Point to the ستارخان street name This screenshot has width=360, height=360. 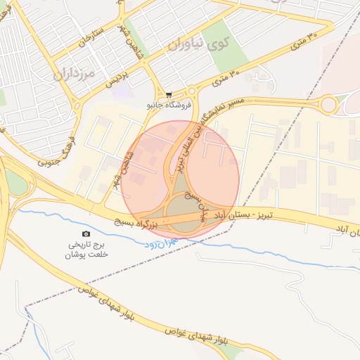[x=92, y=37]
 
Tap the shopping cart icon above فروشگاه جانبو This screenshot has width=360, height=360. [x=169, y=94]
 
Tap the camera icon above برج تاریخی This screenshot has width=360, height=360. [x=86, y=233]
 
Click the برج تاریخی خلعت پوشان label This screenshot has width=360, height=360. [x=87, y=250]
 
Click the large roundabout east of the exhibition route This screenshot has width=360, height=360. [x=328, y=106]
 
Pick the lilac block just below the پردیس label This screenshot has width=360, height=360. [x=122, y=91]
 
